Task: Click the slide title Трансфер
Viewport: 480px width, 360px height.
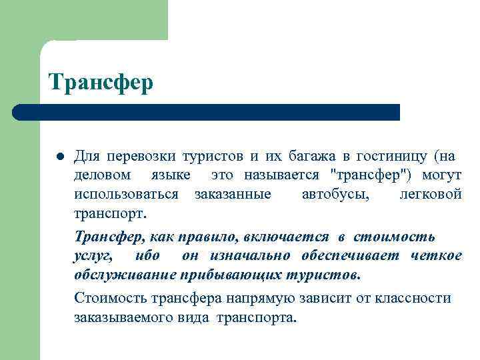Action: [x=101, y=83]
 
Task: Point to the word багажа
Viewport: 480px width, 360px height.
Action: [x=313, y=157]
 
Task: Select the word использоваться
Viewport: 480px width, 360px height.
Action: [x=126, y=195]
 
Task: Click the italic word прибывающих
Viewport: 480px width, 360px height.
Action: [x=233, y=275]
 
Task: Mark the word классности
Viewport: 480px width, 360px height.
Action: [x=413, y=297]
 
